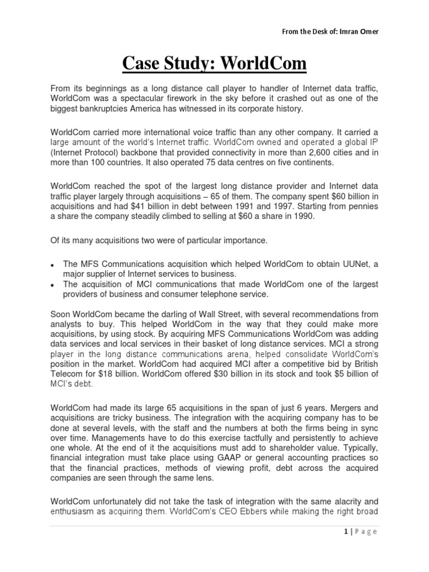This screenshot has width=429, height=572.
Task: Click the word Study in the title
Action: [203, 64]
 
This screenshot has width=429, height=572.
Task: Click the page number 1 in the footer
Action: [346, 532]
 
